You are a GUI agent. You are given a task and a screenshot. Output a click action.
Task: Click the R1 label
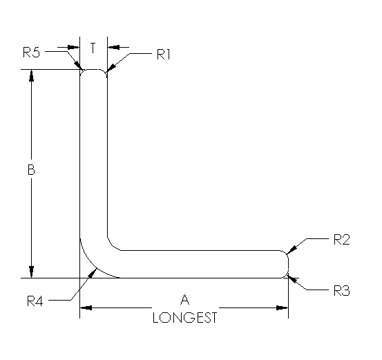coord(163,55)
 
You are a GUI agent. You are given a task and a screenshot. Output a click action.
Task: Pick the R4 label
coord(36,301)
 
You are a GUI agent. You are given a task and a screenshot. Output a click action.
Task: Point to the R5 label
coord(32,51)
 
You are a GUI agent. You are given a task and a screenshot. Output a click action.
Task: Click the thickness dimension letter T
coord(93,48)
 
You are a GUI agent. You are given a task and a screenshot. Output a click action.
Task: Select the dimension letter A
coord(184,300)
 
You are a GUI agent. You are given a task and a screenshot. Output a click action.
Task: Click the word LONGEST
coord(184,318)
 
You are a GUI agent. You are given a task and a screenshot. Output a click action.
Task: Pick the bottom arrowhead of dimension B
coord(31,273)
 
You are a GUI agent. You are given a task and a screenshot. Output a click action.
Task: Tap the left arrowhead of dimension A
coord(85,306)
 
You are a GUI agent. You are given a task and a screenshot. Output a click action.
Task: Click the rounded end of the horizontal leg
coord(286,264)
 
